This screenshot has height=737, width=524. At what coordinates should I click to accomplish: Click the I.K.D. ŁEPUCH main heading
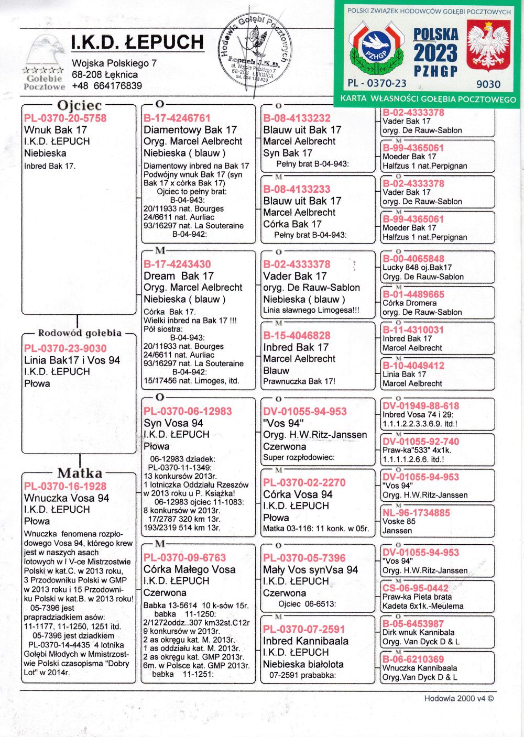click(x=137, y=42)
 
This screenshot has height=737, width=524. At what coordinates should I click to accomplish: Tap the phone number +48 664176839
click(x=107, y=85)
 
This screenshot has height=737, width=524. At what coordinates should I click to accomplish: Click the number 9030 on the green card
click(x=488, y=84)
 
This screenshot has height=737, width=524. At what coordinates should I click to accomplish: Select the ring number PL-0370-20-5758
click(x=65, y=118)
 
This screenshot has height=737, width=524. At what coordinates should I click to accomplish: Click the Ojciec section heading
click(x=79, y=105)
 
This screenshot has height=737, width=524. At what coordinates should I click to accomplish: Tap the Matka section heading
click(x=79, y=473)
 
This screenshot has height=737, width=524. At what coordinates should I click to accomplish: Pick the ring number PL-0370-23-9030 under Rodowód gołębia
click(x=65, y=348)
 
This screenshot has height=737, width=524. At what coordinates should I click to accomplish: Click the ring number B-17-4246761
click(x=177, y=118)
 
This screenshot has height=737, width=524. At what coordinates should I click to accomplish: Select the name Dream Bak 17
click(x=179, y=276)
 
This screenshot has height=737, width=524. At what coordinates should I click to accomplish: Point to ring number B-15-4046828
click(x=297, y=335)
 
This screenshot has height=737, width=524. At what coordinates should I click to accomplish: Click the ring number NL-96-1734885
click(x=416, y=513)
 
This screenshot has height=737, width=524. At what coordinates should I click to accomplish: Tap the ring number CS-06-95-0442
click(x=416, y=588)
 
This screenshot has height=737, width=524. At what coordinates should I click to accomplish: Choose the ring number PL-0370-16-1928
click(x=65, y=486)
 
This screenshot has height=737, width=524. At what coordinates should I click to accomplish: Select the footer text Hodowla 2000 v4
click(x=458, y=698)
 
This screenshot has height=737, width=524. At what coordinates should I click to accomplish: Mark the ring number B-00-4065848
click(x=413, y=259)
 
